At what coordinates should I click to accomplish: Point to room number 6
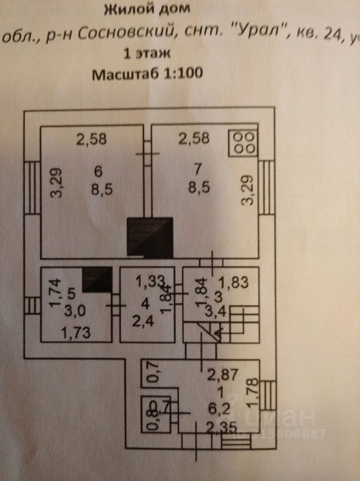(x=98, y=171)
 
